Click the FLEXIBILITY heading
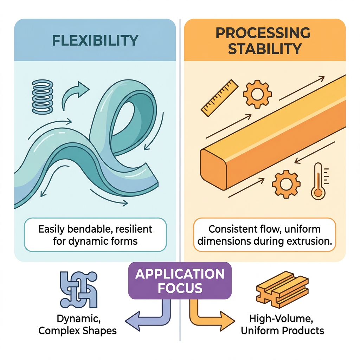pos(95,40)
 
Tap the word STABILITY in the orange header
pos(264,48)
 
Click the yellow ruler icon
pos(219,97)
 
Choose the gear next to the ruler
pos(257,92)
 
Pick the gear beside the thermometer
pos(286,183)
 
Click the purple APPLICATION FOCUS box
pos(180,281)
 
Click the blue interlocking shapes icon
pos(78,290)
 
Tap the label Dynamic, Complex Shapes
pos(78,325)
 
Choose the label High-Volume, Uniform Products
pos(282,325)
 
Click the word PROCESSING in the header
pos(263,33)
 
